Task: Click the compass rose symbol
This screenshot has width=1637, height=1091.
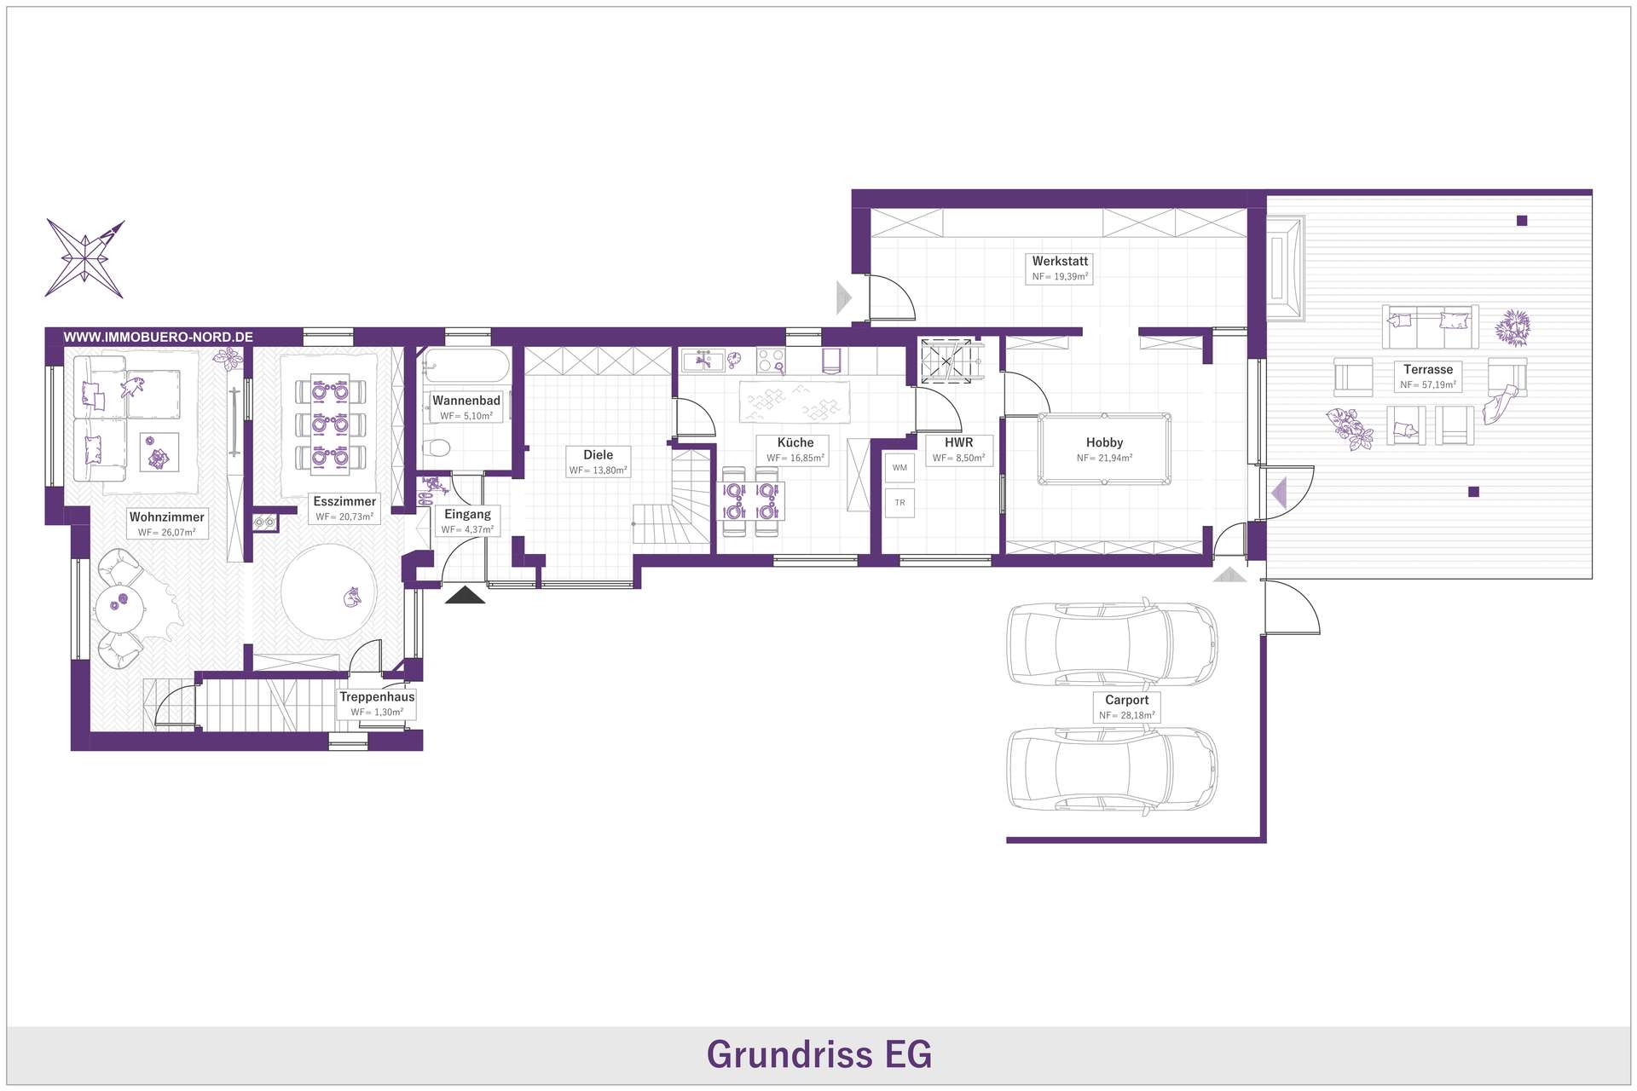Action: [85, 259]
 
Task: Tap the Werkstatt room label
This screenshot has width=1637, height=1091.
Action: [1060, 261]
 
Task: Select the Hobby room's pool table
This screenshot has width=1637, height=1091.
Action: [1104, 449]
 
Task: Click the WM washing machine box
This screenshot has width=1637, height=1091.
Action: [899, 468]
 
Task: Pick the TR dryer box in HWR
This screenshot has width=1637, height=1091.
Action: [899, 503]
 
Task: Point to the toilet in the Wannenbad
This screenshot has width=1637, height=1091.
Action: [437, 447]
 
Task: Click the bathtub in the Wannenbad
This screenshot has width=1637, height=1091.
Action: [466, 367]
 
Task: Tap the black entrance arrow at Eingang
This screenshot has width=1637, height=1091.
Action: [465, 595]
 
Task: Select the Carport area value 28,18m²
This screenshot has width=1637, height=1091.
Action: [1137, 716]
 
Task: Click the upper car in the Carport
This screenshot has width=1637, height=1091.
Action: [1112, 644]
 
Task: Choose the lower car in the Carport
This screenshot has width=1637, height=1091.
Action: [1112, 769]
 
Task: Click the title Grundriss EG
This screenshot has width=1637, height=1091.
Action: [818, 1054]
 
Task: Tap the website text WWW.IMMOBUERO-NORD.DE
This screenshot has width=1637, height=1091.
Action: [159, 337]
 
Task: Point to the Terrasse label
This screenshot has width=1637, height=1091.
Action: [1428, 369]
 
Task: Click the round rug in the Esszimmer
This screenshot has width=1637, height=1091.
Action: [328, 592]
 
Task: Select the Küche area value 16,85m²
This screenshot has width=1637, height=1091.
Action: [806, 459]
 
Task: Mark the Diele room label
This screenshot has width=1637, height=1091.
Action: [598, 454]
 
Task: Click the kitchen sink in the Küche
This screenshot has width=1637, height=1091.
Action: [703, 361]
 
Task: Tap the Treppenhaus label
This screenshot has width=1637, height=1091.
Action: [377, 696]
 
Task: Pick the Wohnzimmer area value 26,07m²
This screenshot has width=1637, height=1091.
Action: [178, 533]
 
